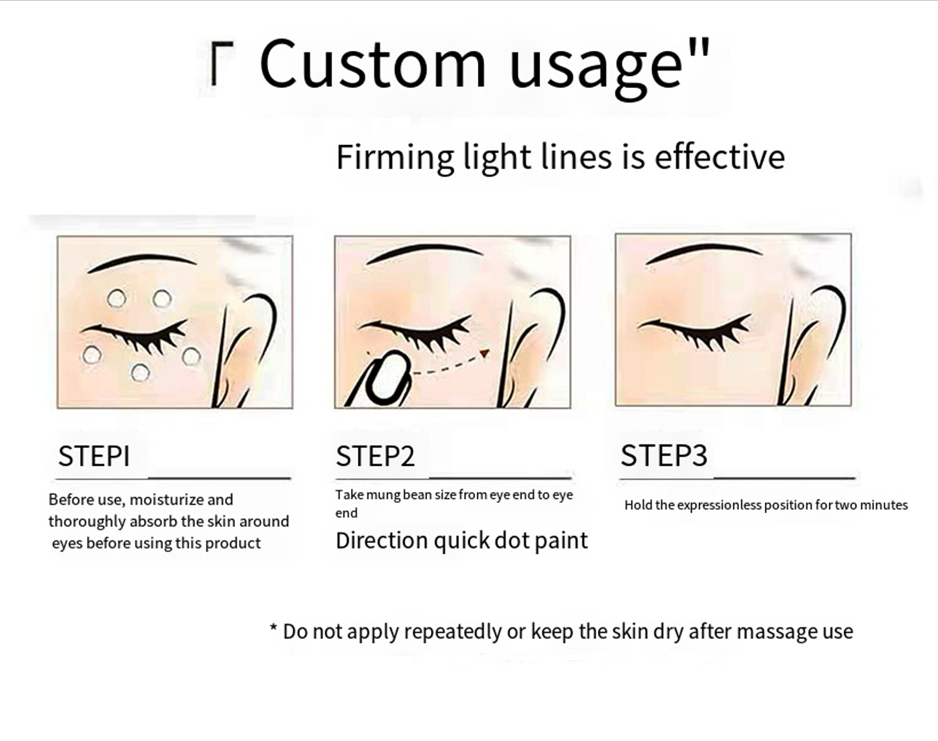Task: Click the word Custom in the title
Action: tap(372, 64)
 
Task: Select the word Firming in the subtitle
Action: tap(395, 158)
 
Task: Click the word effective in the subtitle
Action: tap(719, 156)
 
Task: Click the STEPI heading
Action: tap(94, 456)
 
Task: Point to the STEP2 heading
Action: tap(375, 456)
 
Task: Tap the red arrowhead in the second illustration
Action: tap(483, 354)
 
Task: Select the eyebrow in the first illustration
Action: tap(143, 262)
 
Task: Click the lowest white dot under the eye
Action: tap(140, 373)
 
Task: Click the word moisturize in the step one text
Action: tap(166, 500)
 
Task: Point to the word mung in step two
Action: tap(383, 495)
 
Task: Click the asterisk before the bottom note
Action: tap(273, 629)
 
